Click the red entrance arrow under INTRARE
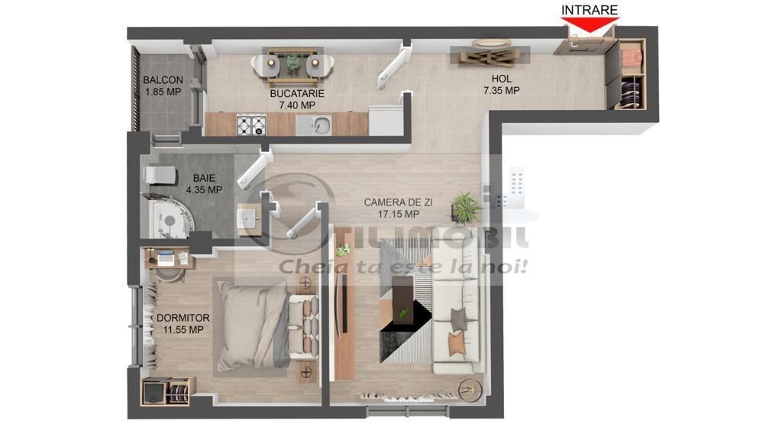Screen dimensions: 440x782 [590, 25]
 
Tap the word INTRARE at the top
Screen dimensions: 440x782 [590, 9]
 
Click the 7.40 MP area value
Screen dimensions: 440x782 [297, 105]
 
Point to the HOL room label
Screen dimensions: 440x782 [501, 78]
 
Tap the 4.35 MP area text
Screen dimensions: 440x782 [204, 189]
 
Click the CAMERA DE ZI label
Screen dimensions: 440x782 [399, 202]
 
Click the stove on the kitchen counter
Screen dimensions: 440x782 [249, 124]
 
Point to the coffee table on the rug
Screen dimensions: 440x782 [402, 302]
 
